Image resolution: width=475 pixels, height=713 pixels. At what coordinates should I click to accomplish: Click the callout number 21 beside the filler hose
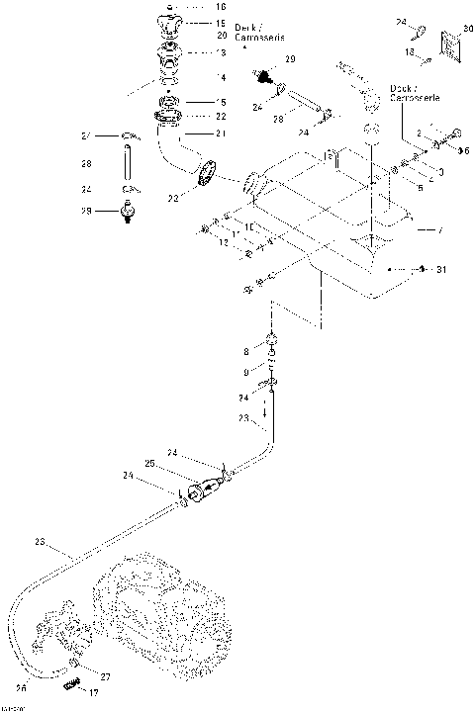tap(220, 134)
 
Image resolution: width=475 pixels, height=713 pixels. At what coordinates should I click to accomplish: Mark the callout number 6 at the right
tap(465, 149)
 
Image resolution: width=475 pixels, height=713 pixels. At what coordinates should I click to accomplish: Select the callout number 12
tap(223, 243)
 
